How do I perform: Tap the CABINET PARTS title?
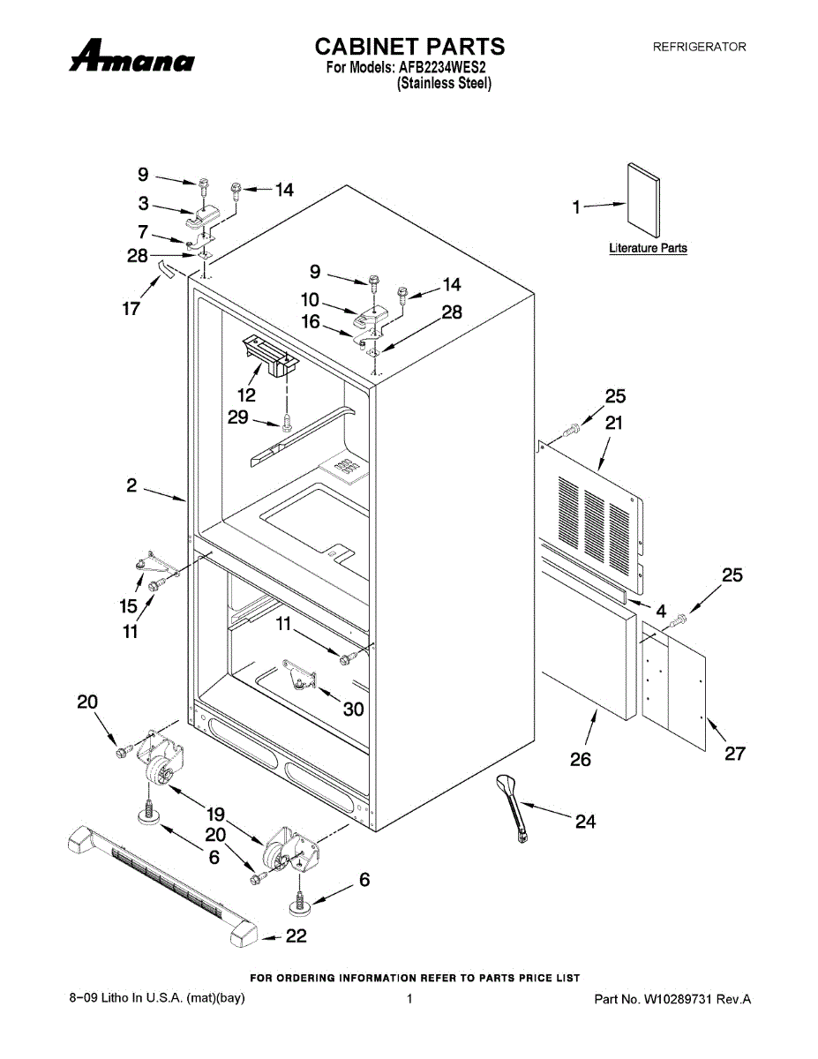coord(409,46)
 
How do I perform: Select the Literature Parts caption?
coord(648,248)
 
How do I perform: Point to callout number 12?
coord(247,394)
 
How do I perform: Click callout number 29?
coord(238,417)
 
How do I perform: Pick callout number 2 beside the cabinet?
coord(131,484)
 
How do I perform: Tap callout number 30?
coord(353,709)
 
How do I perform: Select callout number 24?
coord(585,822)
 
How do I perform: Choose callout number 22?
coord(296,937)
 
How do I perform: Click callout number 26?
coord(581,759)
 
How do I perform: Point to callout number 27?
coord(735,753)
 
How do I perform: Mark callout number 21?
coord(614,423)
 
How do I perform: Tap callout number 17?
coord(131,309)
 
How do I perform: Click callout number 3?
coord(143,204)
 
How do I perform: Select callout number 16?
coord(311,322)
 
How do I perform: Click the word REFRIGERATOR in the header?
coord(699,47)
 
